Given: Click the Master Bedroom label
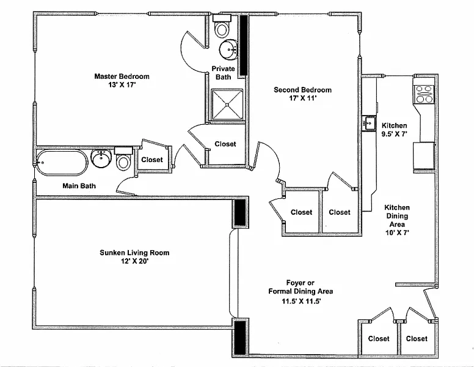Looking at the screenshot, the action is (122, 76).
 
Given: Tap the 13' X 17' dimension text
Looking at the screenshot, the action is (122, 86).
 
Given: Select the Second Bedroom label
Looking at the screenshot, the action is (302, 90).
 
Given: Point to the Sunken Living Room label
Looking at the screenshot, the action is (134, 253).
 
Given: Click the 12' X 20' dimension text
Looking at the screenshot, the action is (134, 262).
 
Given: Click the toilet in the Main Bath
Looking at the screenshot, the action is (124, 160).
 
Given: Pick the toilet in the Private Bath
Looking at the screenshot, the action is (222, 28).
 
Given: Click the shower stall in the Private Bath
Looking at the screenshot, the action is (227, 104).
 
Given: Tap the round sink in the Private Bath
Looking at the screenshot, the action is (230, 48).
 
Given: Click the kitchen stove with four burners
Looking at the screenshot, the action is (424, 93).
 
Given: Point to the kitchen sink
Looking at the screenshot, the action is (369, 122).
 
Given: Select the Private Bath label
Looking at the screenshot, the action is (224, 73).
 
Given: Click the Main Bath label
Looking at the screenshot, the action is (79, 186).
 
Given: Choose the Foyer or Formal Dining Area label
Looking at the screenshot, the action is (301, 287).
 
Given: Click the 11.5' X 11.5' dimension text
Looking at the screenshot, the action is (301, 301).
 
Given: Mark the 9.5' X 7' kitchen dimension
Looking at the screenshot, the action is (394, 134).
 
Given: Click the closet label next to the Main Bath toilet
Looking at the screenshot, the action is (152, 160).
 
